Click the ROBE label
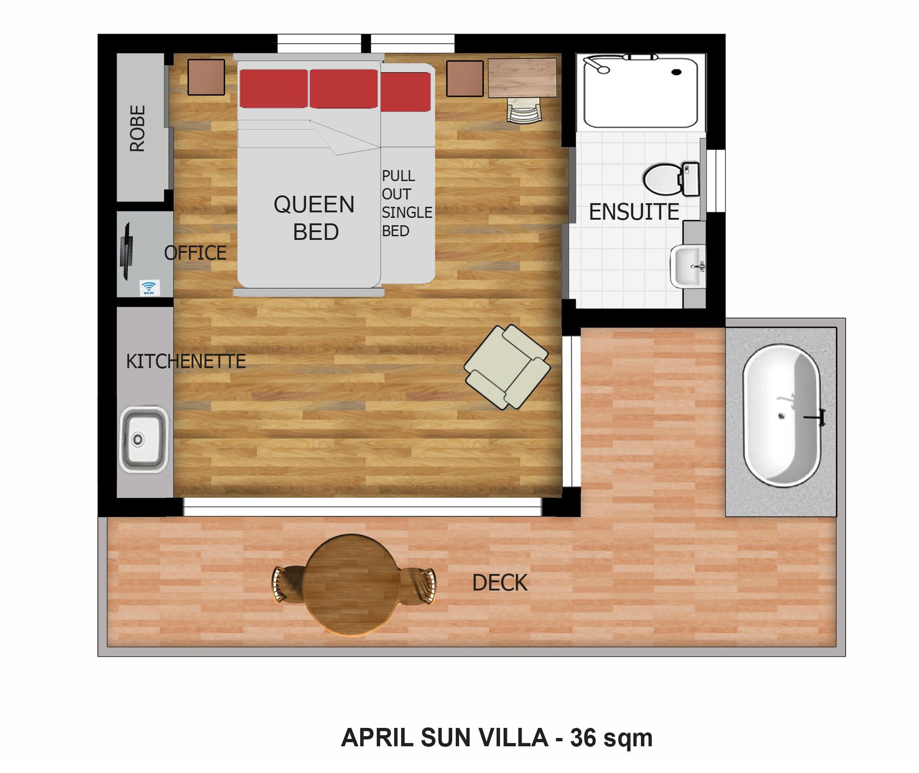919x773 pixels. [x=137, y=128]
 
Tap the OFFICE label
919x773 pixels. [x=195, y=253]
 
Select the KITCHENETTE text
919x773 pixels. [x=186, y=361]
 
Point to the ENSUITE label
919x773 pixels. [x=634, y=212]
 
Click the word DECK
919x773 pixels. [x=500, y=583]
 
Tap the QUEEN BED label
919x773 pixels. [x=314, y=218]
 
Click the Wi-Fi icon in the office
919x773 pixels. [x=149, y=287]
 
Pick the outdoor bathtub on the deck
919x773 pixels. [x=782, y=415]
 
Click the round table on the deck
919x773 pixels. [x=351, y=585]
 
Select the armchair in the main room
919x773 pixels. [x=507, y=367]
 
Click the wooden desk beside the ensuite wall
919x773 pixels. [x=522, y=78]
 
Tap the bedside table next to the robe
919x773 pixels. [x=206, y=77]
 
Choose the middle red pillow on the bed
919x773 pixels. [x=344, y=89]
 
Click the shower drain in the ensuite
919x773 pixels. [x=676, y=72]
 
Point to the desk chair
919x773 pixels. [x=524, y=111]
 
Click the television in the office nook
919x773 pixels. [x=126, y=250]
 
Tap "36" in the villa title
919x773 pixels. [x=583, y=738]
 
